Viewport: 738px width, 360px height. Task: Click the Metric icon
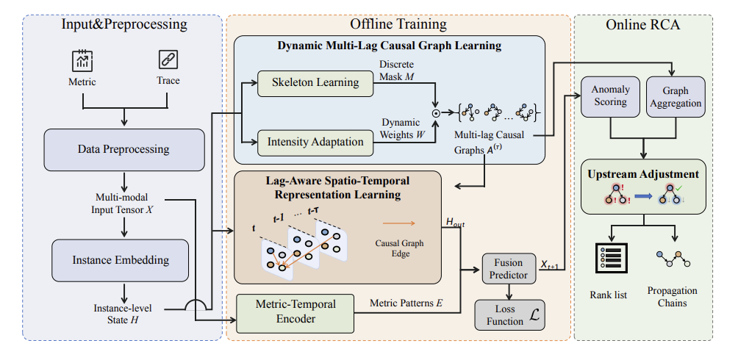click(x=82, y=60)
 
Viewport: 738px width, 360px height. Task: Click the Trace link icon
click(x=169, y=60)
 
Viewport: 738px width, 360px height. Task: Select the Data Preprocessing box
click(x=124, y=149)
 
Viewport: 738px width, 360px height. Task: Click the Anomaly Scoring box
click(x=611, y=96)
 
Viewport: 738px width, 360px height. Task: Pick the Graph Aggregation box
click(x=675, y=96)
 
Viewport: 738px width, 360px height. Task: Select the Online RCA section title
click(x=642, y=24)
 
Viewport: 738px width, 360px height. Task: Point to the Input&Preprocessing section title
click(x=124, y=24)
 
